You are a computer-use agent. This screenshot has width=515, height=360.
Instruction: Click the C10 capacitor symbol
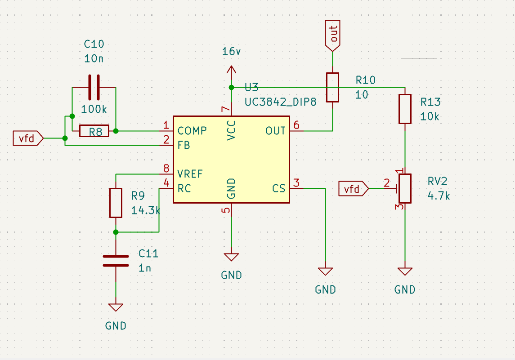pyautogui.click(x=94, y=87)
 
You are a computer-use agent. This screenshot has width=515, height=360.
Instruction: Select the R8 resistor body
pyautogui.click(x=94, y=131)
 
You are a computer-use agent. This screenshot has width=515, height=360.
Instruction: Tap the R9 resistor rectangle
pyautogui.click(x=116, y=203)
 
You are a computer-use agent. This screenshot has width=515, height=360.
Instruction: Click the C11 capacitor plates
pyautogui.click(x=116, y=261)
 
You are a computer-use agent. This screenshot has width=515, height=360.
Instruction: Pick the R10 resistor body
pyautogui.click(x=332, y=87)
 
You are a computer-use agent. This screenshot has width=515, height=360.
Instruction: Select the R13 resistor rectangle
pyautogui.click(x=405, y=109)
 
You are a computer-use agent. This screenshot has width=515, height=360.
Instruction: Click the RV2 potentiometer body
pyautogui.click(x=405, y=189)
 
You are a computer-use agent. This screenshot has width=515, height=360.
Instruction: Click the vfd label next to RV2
pyautogui.click(x=354, y=189)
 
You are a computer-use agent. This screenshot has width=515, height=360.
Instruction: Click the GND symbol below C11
pyautogui.click(x=116, y=307)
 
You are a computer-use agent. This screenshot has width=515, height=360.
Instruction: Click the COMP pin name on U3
pyautogui.click(x=192, y=131)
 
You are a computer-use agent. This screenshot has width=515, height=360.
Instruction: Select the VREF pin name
pyautogui.click(x=190, y=174)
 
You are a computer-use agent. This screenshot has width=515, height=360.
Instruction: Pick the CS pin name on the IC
pyautogui.click(x=278, y=188)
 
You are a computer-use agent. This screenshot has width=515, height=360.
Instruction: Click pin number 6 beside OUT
pyautogui.click(x=296, y=125)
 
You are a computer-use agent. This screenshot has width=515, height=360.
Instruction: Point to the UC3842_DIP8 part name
pyautogui.click(x=281, y=102)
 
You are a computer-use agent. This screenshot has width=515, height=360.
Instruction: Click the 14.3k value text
pyautogui.click(x=145, y=210)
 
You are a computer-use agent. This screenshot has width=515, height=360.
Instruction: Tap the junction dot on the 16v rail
pyautogui.click(x=231, y=87)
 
